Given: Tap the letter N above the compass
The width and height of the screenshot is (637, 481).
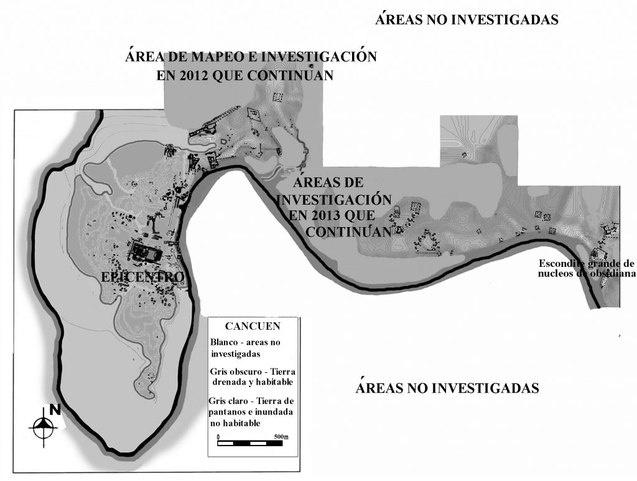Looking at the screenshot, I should pos(55,409).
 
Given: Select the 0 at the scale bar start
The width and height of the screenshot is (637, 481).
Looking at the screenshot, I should pos(218,437).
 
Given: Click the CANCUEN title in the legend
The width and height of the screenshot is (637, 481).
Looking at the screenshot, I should pos(253,326).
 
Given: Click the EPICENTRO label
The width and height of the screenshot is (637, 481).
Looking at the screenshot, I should pos(142,276).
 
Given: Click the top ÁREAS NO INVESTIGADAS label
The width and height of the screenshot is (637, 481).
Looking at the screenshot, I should pos(467,19).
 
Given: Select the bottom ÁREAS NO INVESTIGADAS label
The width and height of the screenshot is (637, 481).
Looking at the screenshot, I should pos(447,388).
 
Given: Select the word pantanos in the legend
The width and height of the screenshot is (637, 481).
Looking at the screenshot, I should pos(230,411).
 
